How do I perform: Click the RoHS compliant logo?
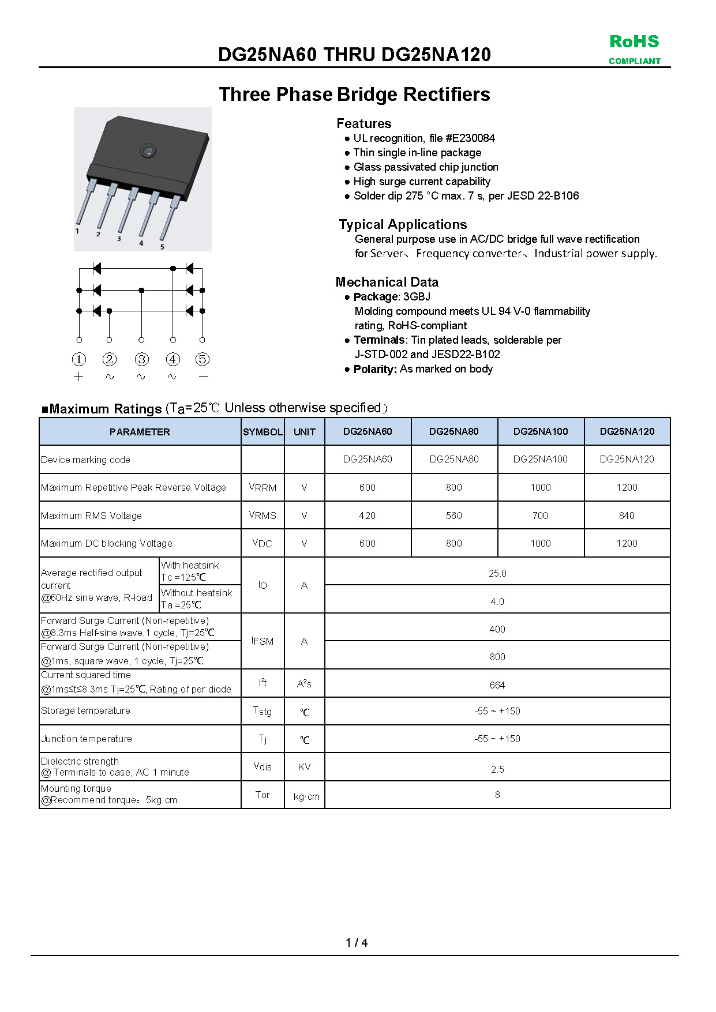pyautogui.click(x=634, y=49)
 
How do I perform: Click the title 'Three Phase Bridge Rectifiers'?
pyautogui.click(x=354, y=95)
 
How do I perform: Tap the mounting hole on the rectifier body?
pyautogui.click(x=148, y=151)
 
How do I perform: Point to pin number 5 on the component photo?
pyautogui.click(x=162, y=247)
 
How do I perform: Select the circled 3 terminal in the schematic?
pyautogui.click(x=141, y=359)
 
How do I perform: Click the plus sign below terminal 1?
pyautogui.click(x=79, y=377)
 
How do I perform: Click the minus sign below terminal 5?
pyautogui.click(x=203, y=377)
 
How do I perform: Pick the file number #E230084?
pyautogui.click(x=470, y=138)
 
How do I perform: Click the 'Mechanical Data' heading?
pyautogui.click(x=387, y=282)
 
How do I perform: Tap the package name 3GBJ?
pyautogui.click(x=417, y=297)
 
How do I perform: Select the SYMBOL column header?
pyautogui.click(x=263, y=432)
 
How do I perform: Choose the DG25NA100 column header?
pyautogui.click(x=541, y=431)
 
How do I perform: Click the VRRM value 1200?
pyautogui.click(x=627, y=487)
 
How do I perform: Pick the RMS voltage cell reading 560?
pyautogui.click(x=453, y=516)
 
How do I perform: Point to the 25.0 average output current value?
pyautogui.click(x=497, y=573)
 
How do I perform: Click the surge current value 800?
pyautogui.click(x=497, y=657)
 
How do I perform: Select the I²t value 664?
pyautogui.click(x=497, y=685)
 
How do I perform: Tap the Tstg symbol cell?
pyautogui.click(x=263, y=711)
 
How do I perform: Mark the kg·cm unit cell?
pyautogui.click(x=306, y=796)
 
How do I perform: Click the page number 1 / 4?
pyautogui.click(x=357, y=943)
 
